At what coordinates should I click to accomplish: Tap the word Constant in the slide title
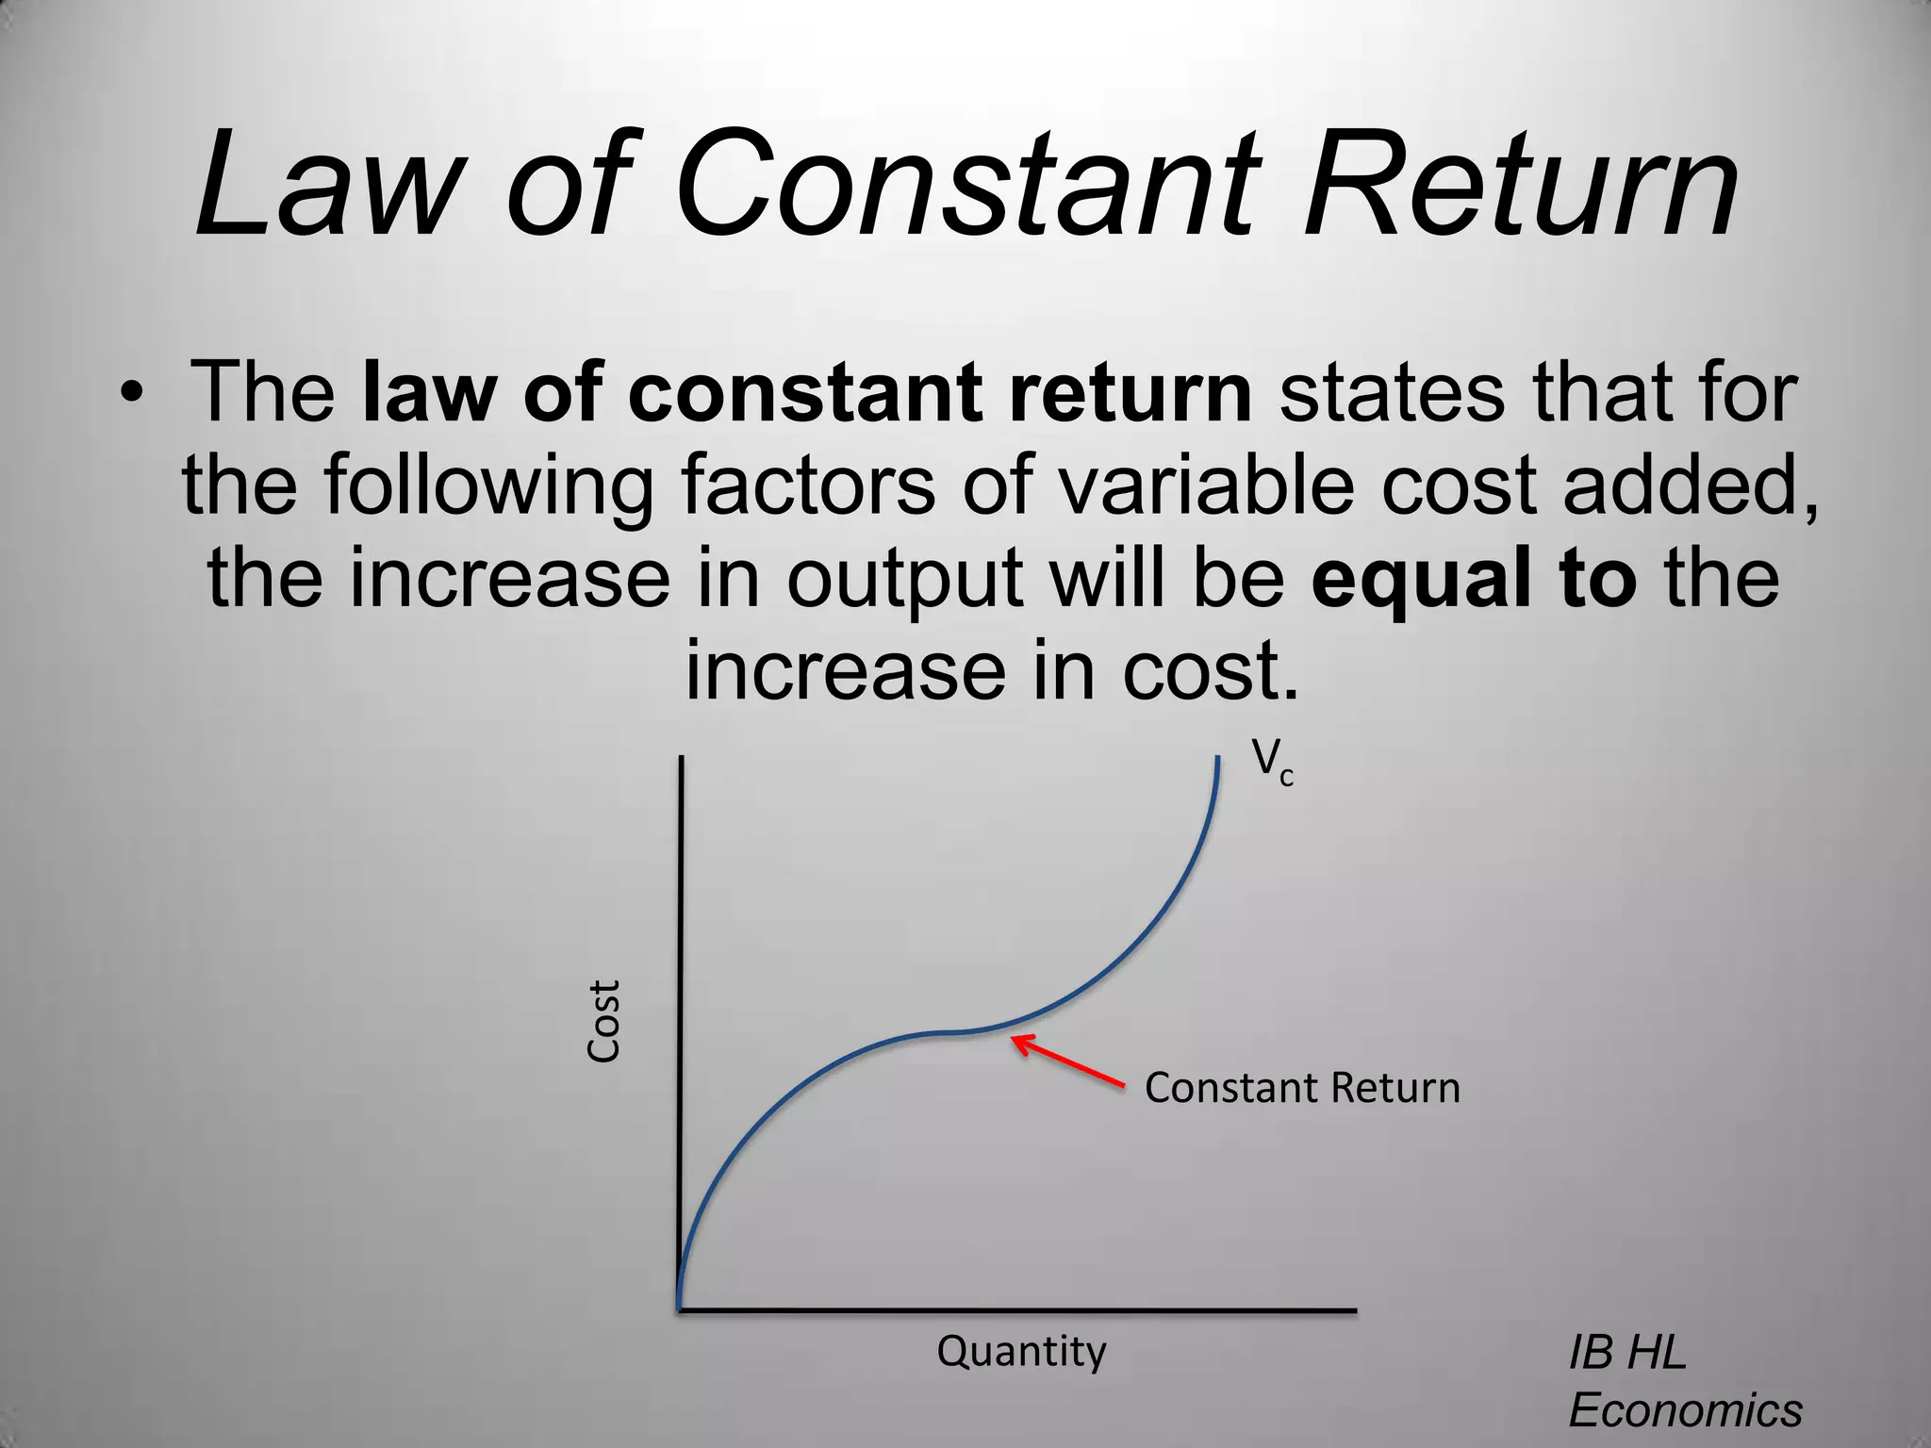967,184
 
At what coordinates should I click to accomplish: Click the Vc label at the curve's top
1272,762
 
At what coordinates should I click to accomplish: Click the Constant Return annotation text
1302,1088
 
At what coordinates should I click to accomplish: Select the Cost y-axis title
603,1021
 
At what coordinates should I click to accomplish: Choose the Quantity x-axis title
1021,1352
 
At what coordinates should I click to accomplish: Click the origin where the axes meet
680,1309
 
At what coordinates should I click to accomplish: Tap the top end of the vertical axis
680,758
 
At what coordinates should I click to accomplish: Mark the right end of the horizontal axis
1354,1309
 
